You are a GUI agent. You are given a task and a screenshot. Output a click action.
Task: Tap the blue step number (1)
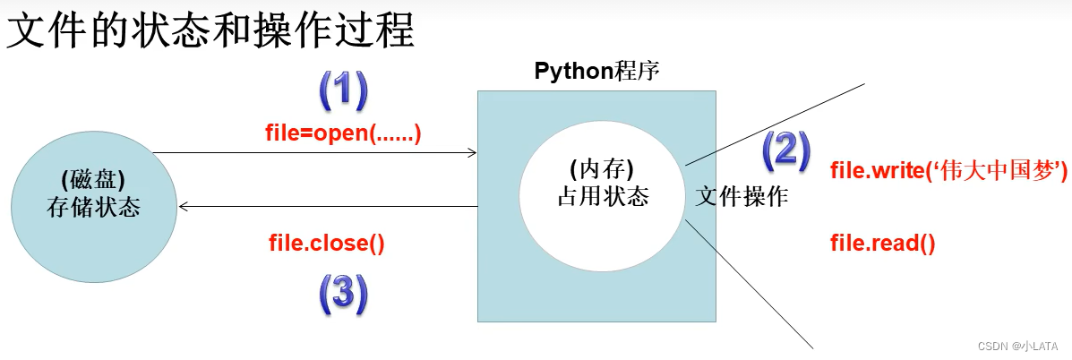coord(345,90)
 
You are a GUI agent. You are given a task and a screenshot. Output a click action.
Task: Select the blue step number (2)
coord(785,151)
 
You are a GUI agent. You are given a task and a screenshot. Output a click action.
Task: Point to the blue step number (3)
coord(342,293)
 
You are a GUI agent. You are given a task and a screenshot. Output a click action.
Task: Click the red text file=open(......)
coord(343,134)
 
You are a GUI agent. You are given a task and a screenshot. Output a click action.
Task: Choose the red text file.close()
coord(327,243)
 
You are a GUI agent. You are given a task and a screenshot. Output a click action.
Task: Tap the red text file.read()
coord(883,243)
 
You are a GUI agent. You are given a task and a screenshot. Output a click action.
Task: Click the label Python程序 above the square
coord(596,72)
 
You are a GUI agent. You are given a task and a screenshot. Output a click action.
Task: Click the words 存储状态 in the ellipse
coord(92,208)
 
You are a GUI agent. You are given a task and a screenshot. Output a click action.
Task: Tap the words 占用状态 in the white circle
coord(602,196)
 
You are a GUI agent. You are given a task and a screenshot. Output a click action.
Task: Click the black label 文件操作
coord(742,196)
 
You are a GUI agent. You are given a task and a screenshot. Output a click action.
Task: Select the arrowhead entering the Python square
coord(472,153)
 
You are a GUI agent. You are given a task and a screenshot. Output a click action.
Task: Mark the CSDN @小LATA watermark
coord(1016,346)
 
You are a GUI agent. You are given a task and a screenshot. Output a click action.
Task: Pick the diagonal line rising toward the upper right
coord(775,124)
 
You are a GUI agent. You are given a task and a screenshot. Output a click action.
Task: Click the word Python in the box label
coord(574,72)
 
